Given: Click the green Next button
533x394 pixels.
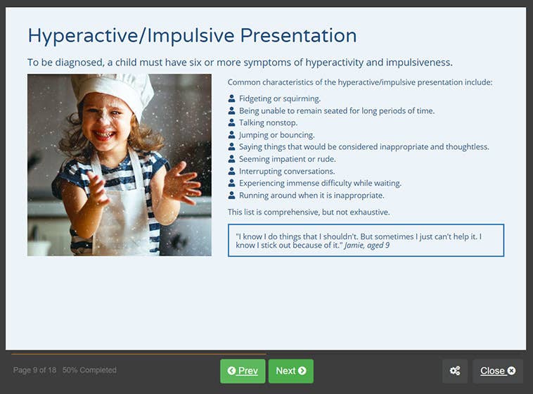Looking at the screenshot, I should click(290, 371).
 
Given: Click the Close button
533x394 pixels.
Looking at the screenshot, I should click(497, 371).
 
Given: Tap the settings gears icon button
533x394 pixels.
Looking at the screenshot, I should click(455, 371).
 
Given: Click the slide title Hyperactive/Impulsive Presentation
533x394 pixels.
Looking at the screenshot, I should click(191, 35).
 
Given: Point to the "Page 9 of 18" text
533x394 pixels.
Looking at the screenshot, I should click(34, 370).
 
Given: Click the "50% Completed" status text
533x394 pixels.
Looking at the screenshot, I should click(89, 370).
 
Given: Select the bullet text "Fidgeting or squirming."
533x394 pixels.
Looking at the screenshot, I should click(279, 99).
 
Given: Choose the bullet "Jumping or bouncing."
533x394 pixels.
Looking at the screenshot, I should click(276, 134).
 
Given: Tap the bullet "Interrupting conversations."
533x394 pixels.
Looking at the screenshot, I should click(287, 171).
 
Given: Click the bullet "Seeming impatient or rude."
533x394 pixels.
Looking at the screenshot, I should click(286, 159).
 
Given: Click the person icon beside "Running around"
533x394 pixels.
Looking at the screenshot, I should click(231, 195).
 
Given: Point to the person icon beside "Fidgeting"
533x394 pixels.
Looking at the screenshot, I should click(231, 99).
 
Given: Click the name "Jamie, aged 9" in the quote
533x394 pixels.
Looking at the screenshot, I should click(366, 246).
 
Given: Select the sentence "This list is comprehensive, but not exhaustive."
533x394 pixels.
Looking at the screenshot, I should click(308, 212).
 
